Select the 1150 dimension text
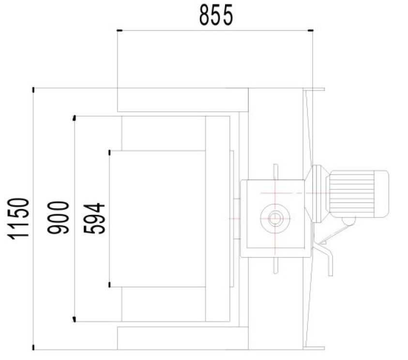21,218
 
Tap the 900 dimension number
59,218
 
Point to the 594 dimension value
94,218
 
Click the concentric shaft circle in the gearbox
276,218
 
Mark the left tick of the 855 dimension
118,31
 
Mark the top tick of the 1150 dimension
33,89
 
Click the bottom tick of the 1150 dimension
33,347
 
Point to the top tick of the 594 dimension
110,151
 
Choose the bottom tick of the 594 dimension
110,285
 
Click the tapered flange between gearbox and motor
317,194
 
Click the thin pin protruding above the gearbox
275,172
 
